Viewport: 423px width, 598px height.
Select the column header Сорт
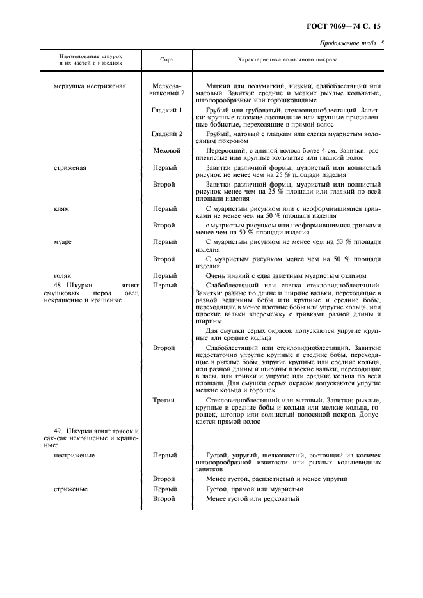click(166, 59)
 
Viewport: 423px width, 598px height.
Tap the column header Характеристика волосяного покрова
click(287, 59)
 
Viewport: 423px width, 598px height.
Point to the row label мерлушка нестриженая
click(90, 86)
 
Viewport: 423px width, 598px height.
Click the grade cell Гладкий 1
click(167, 110)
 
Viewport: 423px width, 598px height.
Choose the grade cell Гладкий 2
click(167, 134)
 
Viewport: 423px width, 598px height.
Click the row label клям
click(61, 209)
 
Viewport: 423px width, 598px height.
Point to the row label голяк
click(63, 275)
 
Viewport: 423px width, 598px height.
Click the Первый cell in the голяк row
click(164, 275)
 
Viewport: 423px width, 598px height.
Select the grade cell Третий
click(164, 400)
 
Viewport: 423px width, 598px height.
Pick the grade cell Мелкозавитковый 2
click(167, 89)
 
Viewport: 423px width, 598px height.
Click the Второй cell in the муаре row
click(164, 259)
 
